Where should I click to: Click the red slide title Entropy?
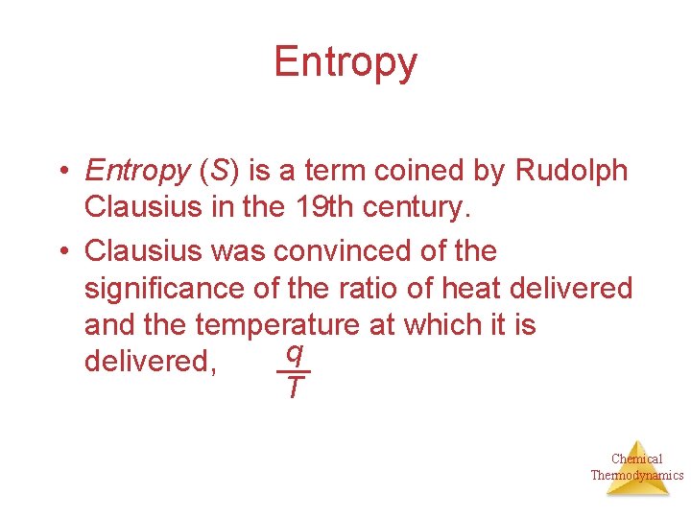pos(345,62)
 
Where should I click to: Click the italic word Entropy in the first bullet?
pos(137,172)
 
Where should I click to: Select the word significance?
pos(167,288)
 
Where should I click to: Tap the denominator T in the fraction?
pos(294,388)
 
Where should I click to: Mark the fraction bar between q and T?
pos(294,371)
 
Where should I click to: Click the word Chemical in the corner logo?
pos(636,459)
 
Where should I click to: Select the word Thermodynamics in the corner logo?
pos(636,475)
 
